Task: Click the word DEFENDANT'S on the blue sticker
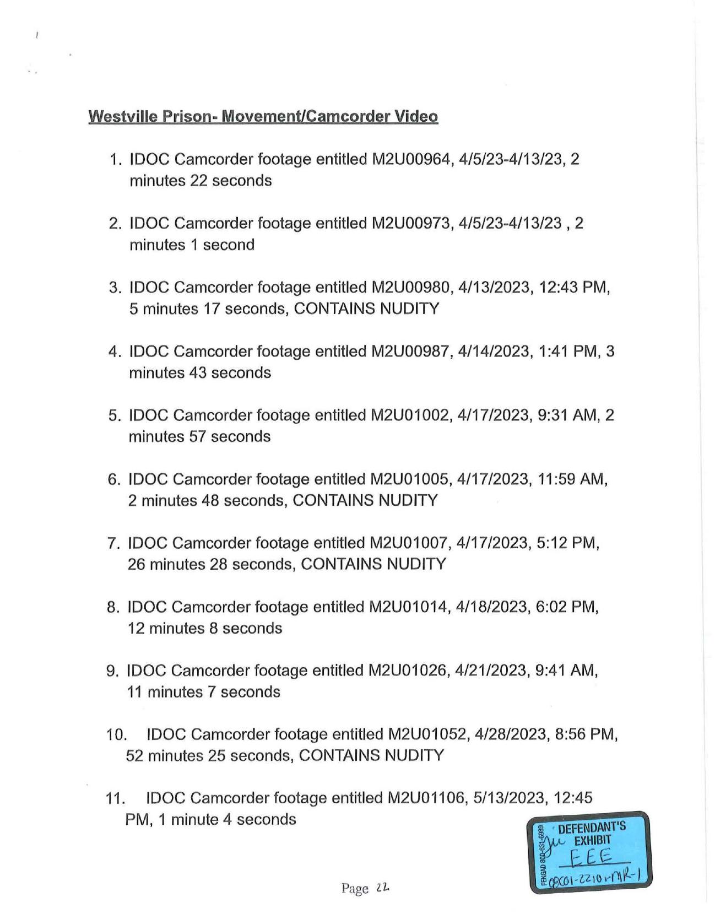tap(592, 827)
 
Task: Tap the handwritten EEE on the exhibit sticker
tap(591, 856)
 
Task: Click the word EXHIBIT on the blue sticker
tap(593, 841)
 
